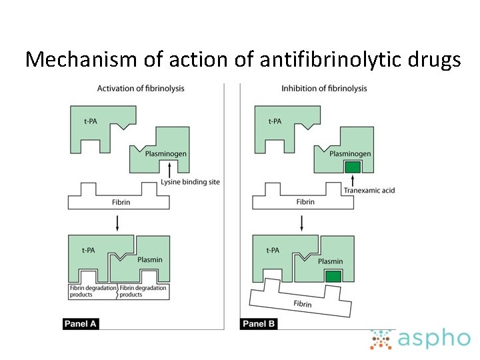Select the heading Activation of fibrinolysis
pos(141,89)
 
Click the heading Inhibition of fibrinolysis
pos(324,89)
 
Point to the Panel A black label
pos(81,324)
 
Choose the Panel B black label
pos(259,324)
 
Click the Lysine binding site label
pos(190,182)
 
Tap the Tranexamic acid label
pos(369,191)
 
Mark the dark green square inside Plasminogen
pos(351,167)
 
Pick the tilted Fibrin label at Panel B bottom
pos(303,303)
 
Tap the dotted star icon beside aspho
pos(382,339)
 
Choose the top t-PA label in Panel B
pos(275,121)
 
